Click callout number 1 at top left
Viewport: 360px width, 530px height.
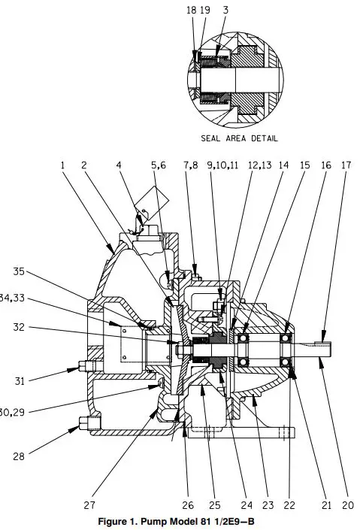63,165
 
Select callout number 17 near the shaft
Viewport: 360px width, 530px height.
346,165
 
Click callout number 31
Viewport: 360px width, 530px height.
20,381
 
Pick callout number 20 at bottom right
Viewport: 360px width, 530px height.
346,506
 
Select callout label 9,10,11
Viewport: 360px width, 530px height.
222,165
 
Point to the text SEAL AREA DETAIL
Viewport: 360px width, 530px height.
239,138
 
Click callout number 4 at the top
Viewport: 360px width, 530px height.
119,165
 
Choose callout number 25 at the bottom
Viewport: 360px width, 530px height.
214,506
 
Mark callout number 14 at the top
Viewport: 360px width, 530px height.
283,165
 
